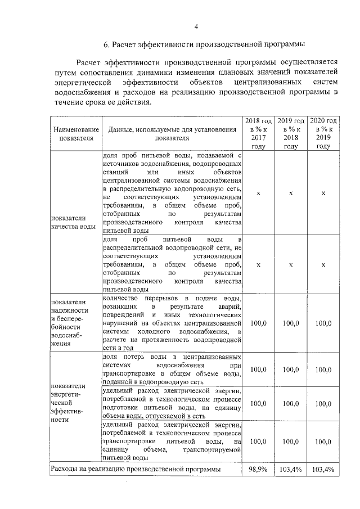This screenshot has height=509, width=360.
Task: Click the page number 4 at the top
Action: (180, 26)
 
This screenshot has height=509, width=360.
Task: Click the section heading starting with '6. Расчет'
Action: (180, 44)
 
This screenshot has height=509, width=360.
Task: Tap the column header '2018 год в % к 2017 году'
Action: (258, 133)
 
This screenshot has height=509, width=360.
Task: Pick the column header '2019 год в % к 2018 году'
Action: (291, 133)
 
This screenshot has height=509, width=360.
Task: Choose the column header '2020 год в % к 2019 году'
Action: (323, 133)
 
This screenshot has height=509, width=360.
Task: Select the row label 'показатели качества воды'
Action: (73, 222)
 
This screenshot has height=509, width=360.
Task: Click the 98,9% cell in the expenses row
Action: (258, 469)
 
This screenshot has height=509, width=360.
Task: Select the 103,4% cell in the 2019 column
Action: (291, 469)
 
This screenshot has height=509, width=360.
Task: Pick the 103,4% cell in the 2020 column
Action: (323, 469)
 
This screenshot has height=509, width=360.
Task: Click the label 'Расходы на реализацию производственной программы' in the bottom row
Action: (136, 469)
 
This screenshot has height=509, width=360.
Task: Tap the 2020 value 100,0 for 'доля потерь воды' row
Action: (323, 370)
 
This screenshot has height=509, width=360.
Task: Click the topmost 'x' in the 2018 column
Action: (258, 193)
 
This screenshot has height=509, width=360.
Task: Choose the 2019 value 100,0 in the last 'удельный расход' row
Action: (291, 442)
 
